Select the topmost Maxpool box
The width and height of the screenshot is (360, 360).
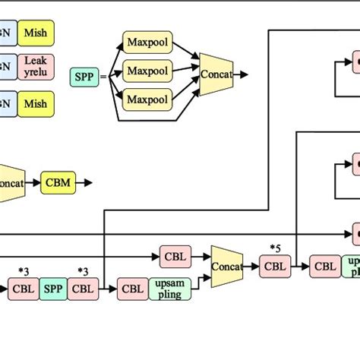(x=147, y=42)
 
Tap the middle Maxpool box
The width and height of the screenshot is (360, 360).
(x=147, y=71)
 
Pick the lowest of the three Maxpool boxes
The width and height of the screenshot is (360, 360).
(x=147, y=99)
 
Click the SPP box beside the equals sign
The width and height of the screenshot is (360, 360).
(x=84, y=75)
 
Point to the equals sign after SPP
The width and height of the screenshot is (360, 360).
(x=104, y=75)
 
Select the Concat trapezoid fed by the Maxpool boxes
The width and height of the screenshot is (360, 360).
(x=216, y=74)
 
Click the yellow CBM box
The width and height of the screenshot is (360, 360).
(x=58, y=182)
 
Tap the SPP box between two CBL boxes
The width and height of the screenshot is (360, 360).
(x=53, y=289)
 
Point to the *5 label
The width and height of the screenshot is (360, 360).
(x=276, y=248)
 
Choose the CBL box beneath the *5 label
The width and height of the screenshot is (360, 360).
(x=276, y=267)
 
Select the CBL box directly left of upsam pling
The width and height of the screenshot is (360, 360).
(x=133, y=289)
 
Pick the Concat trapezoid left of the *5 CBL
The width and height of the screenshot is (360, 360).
(x=226, y=267)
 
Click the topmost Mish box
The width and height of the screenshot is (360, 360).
(x=36, y=33)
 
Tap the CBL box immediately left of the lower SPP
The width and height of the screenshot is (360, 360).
(x=23, y=289)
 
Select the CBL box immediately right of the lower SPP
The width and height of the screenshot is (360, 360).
(x=83, y=289)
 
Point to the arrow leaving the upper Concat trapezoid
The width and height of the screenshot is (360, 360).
(x=243, y=74)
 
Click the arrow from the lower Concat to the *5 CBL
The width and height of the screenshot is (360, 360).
(x=251, y=267)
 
